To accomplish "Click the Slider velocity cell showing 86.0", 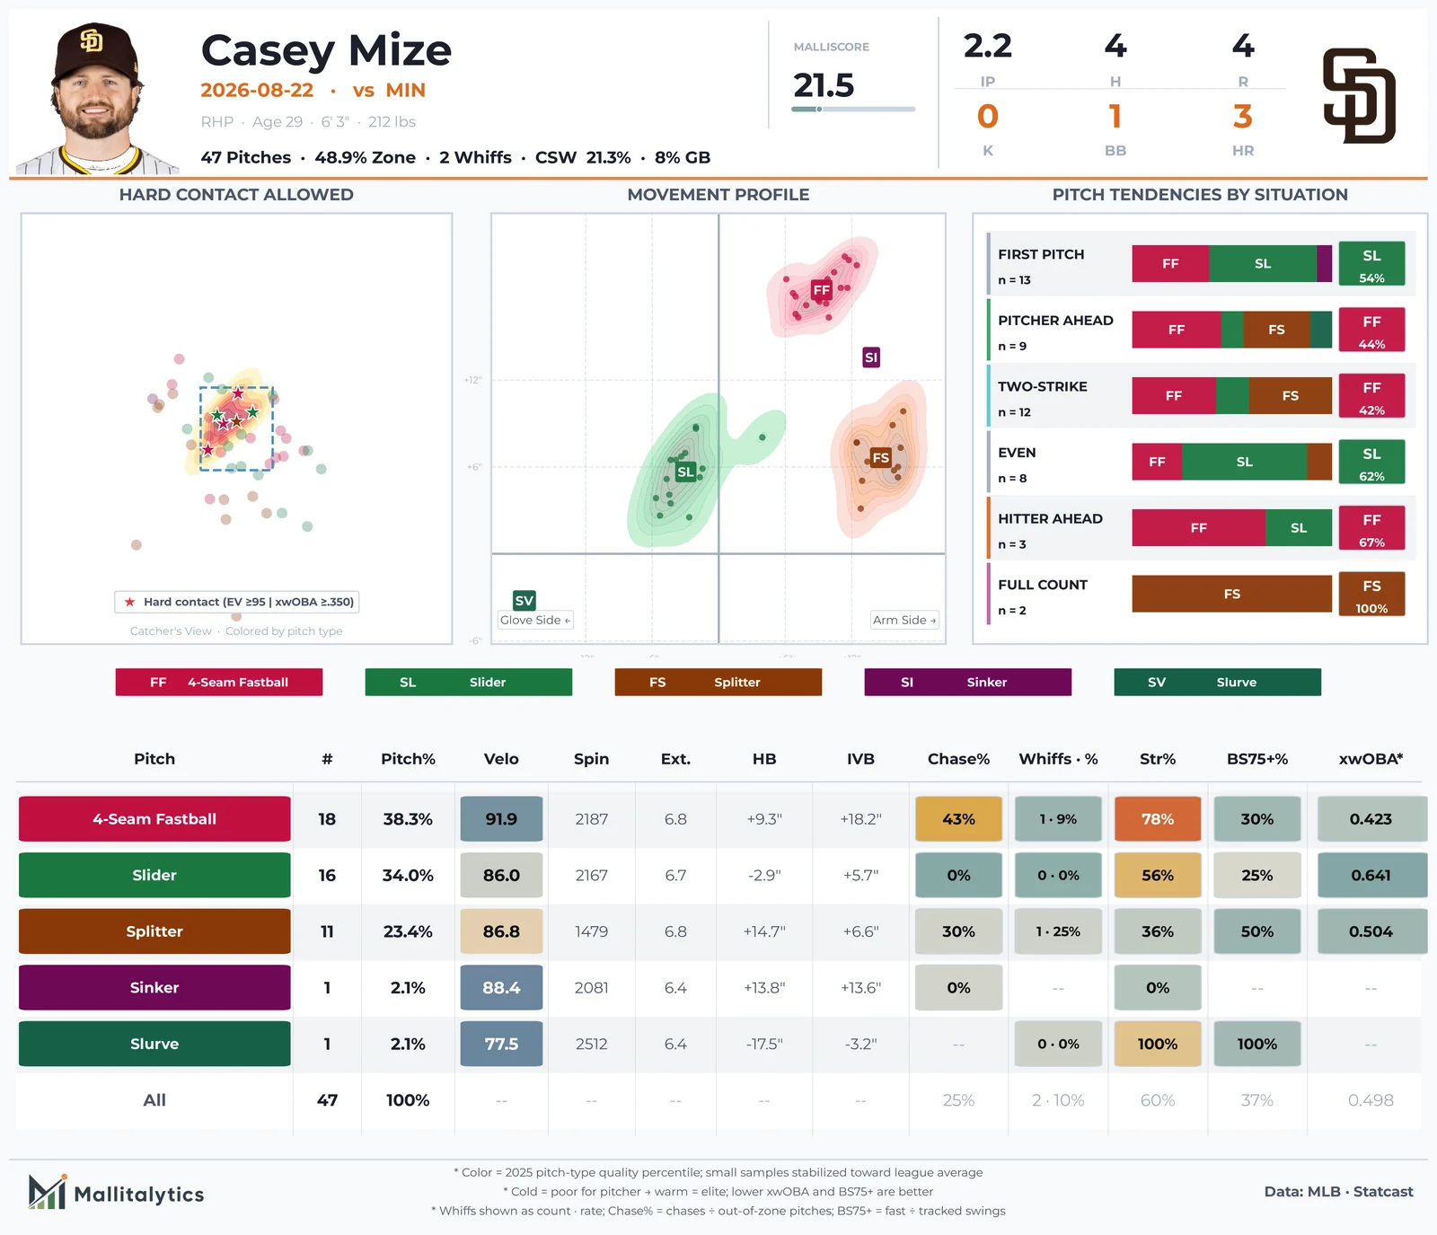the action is [x=501, y=875].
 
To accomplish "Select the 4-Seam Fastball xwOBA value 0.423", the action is [x=1371, y=819].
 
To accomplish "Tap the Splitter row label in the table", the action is [x=154, y=931].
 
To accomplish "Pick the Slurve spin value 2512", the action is [x=591, y=1044].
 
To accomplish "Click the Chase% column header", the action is [x=958, y=759].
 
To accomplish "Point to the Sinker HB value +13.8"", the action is [x=764, y=988].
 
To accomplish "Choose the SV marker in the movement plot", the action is [x=525, y=600].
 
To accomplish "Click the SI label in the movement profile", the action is [x=871, y=357].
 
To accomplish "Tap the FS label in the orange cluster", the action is [x=881, y=457].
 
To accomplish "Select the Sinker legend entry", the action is [x=968, y=682].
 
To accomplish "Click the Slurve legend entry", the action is [x=1218, y=682].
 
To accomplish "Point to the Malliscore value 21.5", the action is [x=824, y=85].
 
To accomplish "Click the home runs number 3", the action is [x=1243, y=117].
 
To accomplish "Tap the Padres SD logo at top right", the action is [x=1359, y=96].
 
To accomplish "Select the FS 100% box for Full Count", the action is [x=1371, y=594].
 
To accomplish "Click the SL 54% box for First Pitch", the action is [x=1371, y=263].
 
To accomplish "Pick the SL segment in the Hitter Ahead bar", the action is [x=1299, y=528].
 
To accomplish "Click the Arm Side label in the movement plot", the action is [x=904, y=620].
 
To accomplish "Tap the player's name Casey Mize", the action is [x=326, y=51].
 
